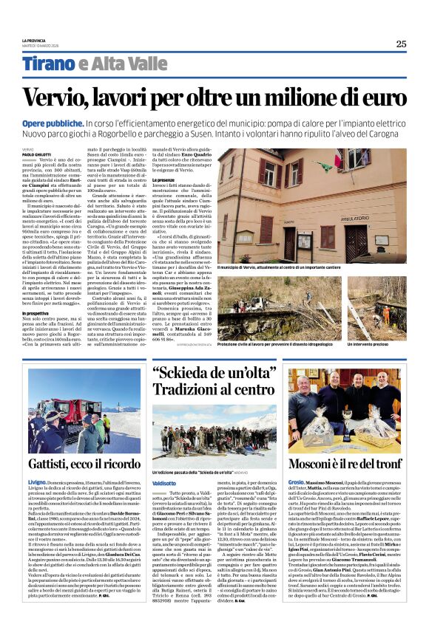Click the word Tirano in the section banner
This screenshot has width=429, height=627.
[49, 64]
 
